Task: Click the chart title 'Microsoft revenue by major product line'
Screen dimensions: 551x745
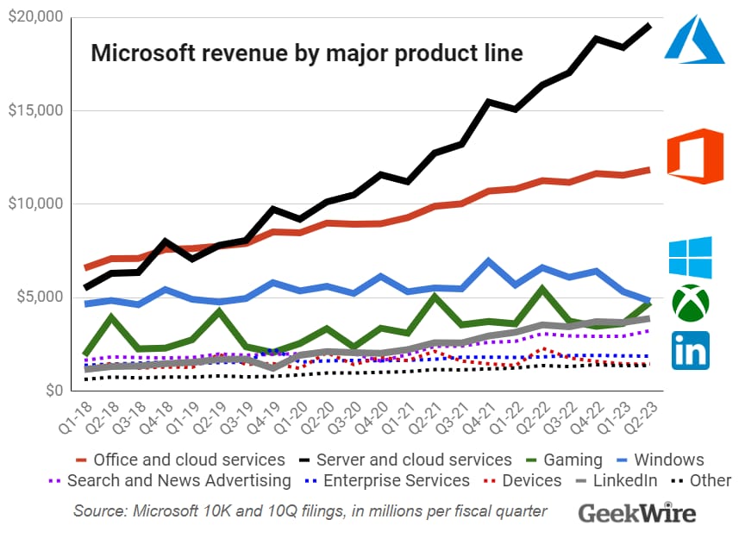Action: [307, 53]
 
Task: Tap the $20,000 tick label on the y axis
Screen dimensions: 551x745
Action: [34, 17]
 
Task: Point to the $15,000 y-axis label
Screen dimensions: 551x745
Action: [34, 110]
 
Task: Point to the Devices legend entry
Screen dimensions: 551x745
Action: [525, 481]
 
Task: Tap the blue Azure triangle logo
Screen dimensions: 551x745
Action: [693, 39]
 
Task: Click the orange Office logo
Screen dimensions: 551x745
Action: [695, 156]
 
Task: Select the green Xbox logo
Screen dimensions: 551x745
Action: [691, 301]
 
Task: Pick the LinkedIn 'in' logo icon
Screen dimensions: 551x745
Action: [691, 350]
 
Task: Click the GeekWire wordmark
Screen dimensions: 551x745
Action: [636, 513]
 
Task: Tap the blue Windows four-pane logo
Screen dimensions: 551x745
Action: [691, 257]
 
